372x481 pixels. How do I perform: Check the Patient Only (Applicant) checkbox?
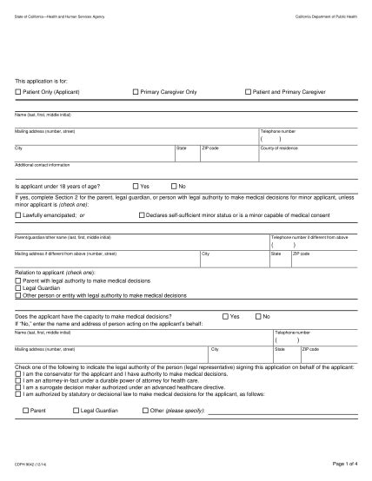(x=18, y=91)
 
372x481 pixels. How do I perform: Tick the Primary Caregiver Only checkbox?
(x=135, y=91)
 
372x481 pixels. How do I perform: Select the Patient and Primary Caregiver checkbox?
(x=248, y=91)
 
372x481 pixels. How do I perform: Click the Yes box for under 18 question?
(x=135, y=186)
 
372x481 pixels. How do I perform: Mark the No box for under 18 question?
(x=174, y=186)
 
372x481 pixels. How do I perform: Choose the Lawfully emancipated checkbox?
(x=18, y=214)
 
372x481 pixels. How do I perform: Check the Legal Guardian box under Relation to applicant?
(x=18, y=288)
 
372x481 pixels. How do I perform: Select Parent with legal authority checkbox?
(x=18, y=281)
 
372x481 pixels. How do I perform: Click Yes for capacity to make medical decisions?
(x=225, y=316)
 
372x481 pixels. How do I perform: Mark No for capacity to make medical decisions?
(x=258, y=316)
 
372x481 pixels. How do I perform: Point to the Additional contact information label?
(x=42, y=164)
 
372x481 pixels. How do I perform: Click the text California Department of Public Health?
(x=325, y=16)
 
